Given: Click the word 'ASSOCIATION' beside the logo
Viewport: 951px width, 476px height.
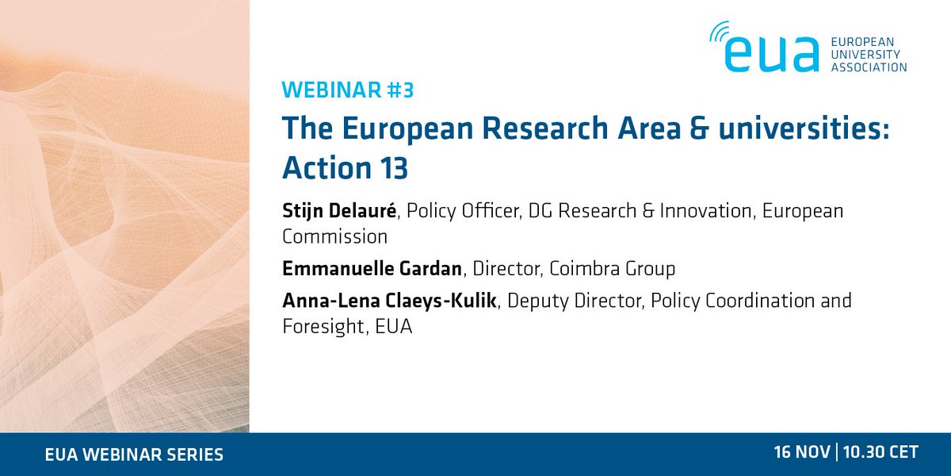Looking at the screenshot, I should click(x=869, y=67).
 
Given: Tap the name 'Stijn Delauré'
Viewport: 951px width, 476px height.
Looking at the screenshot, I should click(x=340, y=213).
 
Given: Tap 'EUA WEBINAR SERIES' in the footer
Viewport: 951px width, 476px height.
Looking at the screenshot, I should click(x=134, y=455).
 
